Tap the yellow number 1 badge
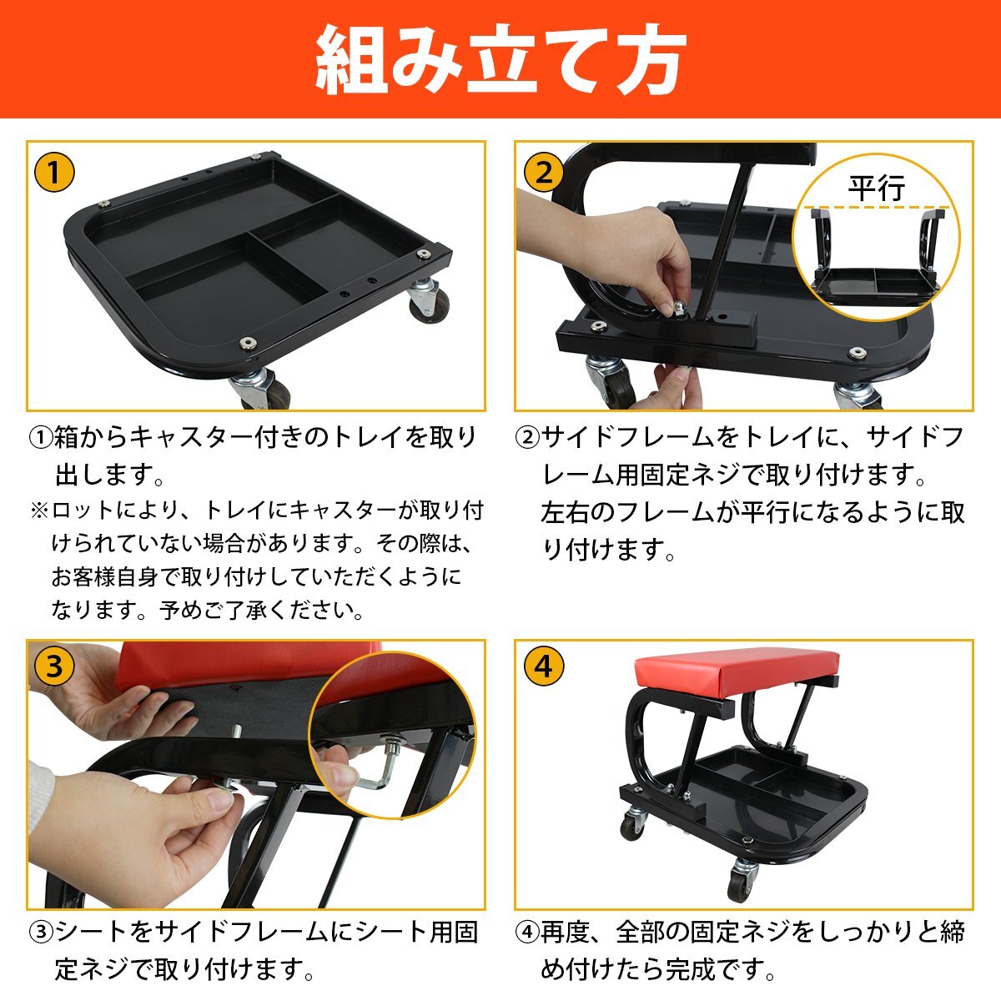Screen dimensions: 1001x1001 [54, 172]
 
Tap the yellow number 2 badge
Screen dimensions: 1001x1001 [543, 172]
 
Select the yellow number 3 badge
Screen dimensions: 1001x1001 [54, 666]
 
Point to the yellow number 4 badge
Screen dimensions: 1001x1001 [543, 666]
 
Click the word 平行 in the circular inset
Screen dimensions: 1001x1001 [877, 188]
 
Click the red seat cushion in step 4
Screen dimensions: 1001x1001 [736, 672]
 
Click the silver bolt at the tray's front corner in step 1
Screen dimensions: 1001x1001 [248, 342]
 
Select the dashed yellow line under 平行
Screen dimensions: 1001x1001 [879, 209]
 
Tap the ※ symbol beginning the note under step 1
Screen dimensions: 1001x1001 [39, 511]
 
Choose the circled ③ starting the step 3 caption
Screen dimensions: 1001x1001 [41, 933]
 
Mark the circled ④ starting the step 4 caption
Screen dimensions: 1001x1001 [528, 933]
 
